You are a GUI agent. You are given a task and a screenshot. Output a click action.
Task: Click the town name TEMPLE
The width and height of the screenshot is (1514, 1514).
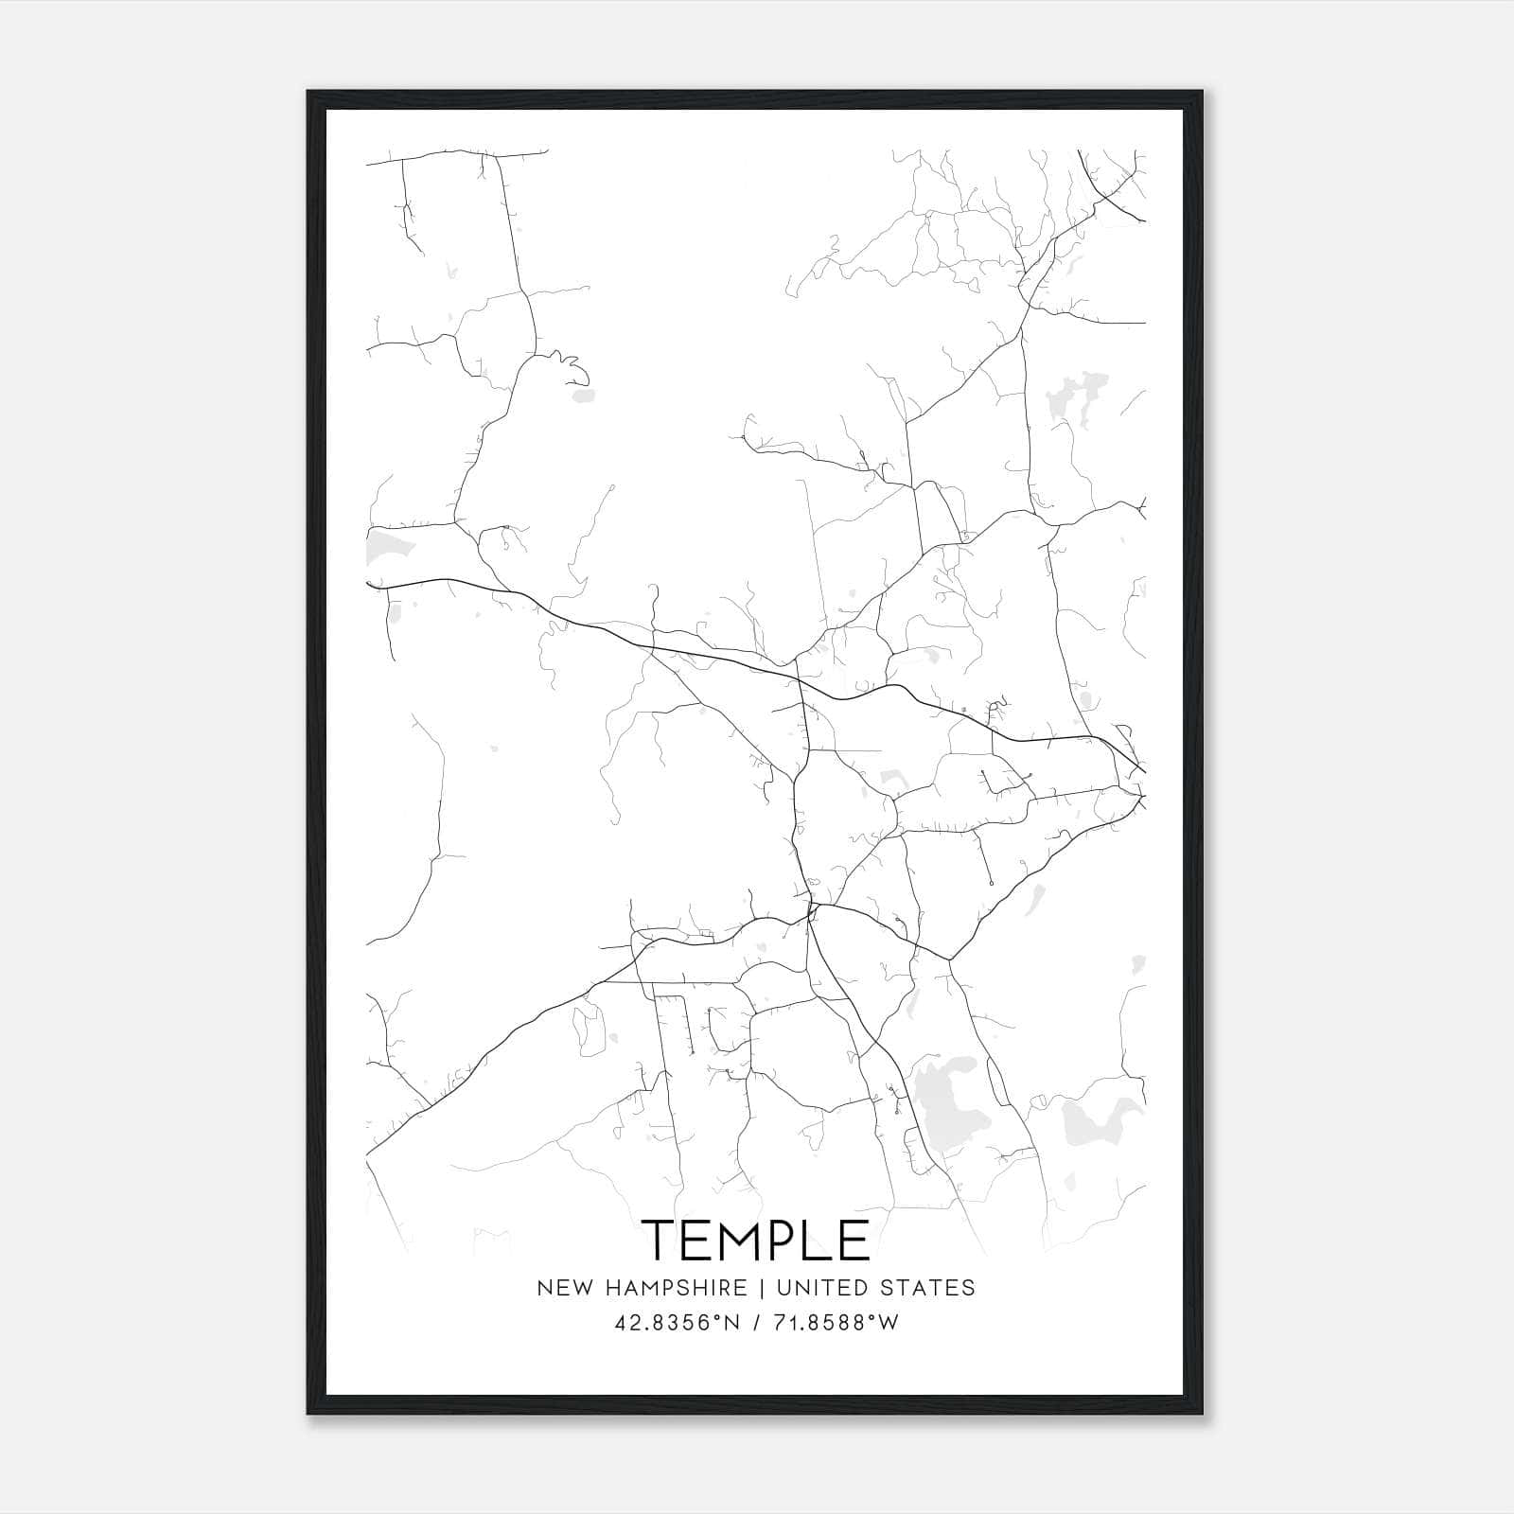(756, 1240)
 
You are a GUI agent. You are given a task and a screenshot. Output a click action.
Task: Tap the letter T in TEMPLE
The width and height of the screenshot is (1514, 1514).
(661, 1240)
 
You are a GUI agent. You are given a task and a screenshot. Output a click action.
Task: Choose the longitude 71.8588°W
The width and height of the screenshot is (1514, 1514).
(832, 1323)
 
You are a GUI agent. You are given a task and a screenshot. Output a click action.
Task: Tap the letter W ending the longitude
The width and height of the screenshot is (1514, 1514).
(888, 1323)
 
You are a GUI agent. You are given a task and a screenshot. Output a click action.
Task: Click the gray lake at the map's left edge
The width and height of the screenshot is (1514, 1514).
(385, 546)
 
